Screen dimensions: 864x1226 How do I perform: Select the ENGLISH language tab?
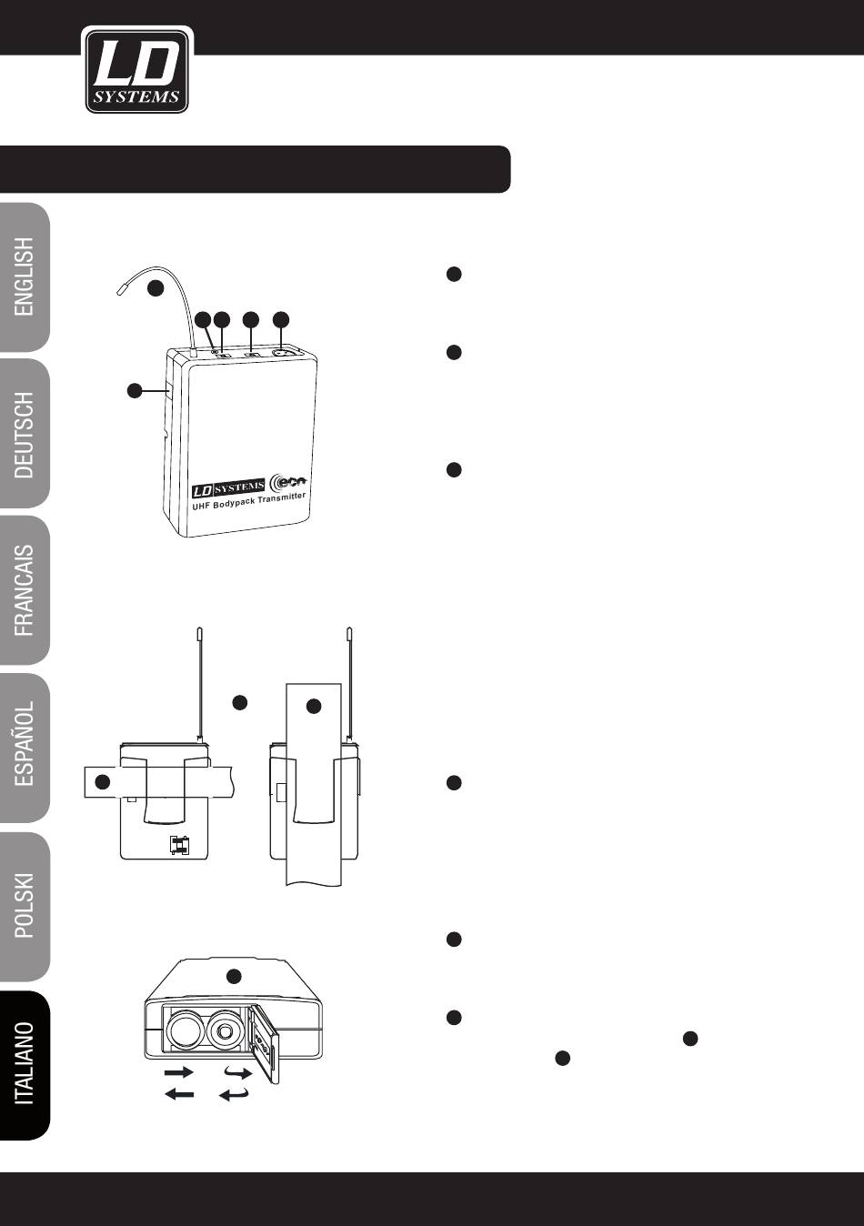[24, 277]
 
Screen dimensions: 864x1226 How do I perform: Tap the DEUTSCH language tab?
[24, 434]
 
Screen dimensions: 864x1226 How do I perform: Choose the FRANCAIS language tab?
[24, 590]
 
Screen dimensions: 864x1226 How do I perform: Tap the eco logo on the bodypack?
[290, 481]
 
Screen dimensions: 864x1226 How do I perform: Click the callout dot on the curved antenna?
[156, 288]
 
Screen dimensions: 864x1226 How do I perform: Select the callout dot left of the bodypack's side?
[135, 391]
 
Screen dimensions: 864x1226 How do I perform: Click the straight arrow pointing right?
[179, 1071]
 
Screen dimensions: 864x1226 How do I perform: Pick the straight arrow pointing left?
[179, 1094]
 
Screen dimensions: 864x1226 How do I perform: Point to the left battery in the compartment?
[186, 1031]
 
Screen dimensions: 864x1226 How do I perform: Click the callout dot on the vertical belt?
[314, 706]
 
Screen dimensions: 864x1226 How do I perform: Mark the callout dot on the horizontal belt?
[103, 782]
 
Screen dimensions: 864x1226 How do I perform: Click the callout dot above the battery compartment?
[234, 975]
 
